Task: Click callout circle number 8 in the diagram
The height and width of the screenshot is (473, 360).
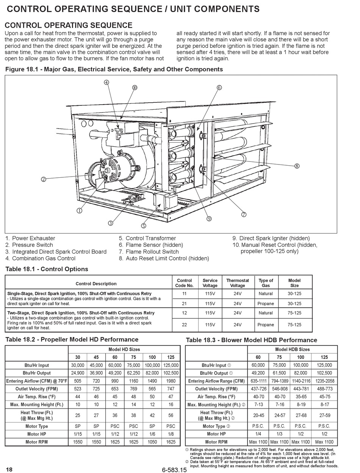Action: click(x=297, y=166)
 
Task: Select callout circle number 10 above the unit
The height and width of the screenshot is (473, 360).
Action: click(x=135, y=88)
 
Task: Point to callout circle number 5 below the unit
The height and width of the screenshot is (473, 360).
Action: click(x=144, y=226)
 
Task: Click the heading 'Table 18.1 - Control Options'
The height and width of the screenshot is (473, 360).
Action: click(x=47, y=269)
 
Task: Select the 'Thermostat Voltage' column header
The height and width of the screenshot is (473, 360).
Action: click(x=238, y=283)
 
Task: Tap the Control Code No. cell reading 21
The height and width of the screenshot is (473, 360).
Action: click(x=185, y=304)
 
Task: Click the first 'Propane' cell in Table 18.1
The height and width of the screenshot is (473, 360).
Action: click(x=266, y=304)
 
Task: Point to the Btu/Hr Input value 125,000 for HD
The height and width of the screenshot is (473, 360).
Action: click(x=171, y=365)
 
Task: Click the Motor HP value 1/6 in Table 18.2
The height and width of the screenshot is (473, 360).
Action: click(x=152, y=434)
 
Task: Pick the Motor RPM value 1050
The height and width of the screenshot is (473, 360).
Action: click(x=152, y=442)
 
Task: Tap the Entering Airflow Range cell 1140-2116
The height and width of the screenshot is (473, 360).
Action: click(x=301, y=381)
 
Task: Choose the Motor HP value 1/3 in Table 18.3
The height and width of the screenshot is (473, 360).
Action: click(x=279, y=434)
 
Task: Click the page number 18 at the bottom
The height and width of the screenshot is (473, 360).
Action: click(x=9, y=470)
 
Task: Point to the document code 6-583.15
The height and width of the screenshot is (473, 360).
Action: click(x=174, y=470)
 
